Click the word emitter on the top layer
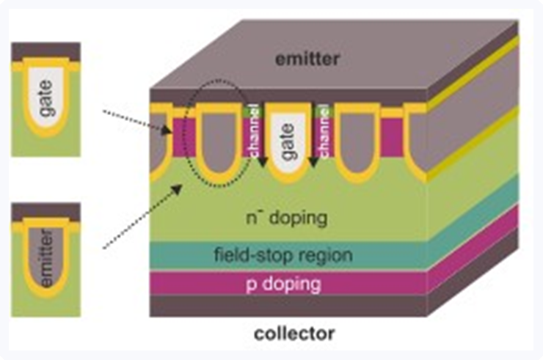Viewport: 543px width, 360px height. pyautogui.click(x=308, y=59)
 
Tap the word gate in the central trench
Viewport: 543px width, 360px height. pyautogui.click(x=287, y=144)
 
